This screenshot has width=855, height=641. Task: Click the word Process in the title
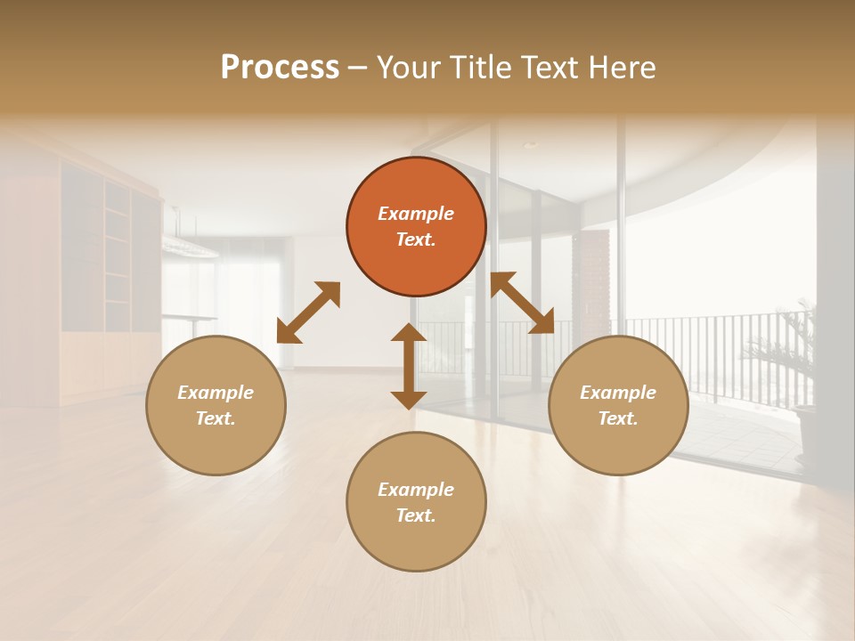[x=280, y=68]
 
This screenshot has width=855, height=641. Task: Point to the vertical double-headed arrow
[x=409, y=366]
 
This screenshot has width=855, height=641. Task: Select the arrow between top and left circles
[x=308, y=312]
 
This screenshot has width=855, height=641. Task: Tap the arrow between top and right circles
[x=522, y=303]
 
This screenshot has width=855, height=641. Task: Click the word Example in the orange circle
[x=416, y=214]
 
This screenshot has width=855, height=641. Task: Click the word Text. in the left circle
[x=216, y=418]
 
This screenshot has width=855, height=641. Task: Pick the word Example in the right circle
[x=618, y=393]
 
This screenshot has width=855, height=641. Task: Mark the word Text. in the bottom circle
[x=416, y=515]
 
